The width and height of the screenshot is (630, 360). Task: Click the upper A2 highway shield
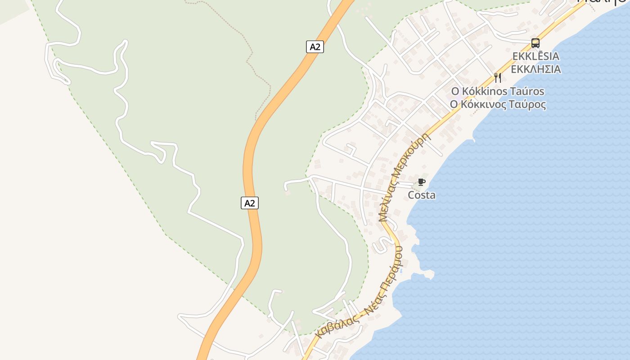[x=315, y=46]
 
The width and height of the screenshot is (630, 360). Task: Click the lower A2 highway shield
[x=250, y=203]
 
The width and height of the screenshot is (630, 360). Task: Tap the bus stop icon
[x=535, y=43]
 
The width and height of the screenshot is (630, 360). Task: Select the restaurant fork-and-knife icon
[x=497, y=77]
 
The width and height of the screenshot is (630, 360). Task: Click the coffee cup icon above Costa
[x=421, y=182]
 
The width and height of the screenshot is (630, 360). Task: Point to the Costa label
[x=422, y=195]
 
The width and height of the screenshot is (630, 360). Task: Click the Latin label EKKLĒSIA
[x=535, y=56]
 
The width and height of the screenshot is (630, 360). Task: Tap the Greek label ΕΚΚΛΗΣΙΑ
[x=535, y=69]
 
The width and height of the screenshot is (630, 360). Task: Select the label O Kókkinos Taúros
[x=498, y=91]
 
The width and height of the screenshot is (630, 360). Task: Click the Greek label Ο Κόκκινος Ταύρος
[x=498, y=104]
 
